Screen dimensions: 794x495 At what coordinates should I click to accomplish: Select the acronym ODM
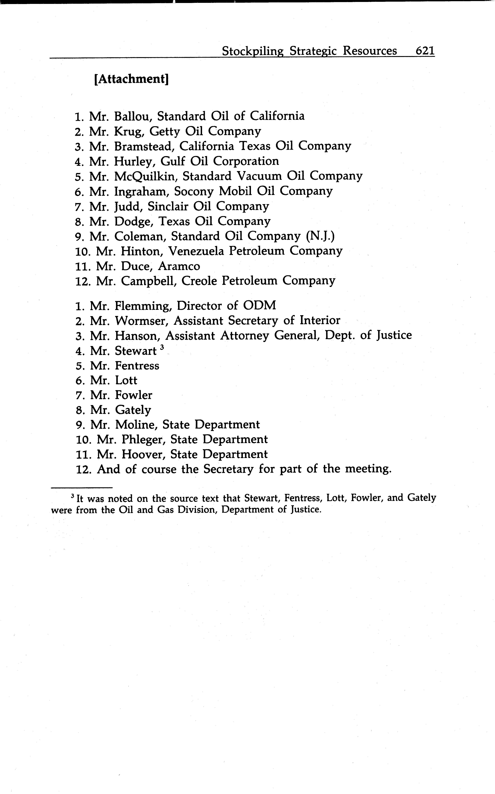[259, 306]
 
